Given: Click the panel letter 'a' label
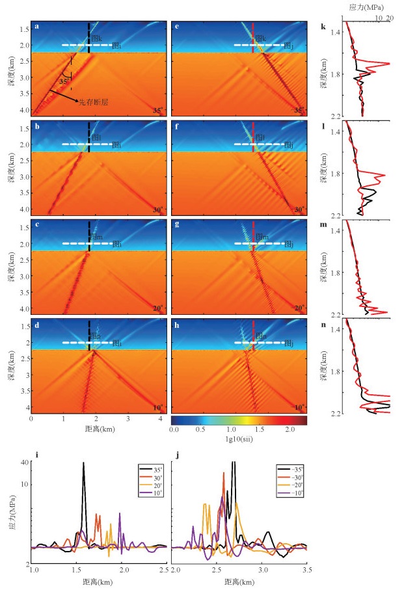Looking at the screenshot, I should point(37,27).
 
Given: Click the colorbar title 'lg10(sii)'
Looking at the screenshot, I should point(237,440).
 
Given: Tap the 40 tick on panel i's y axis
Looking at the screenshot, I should point(26,463).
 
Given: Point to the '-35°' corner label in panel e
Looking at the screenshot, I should point(297,111).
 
